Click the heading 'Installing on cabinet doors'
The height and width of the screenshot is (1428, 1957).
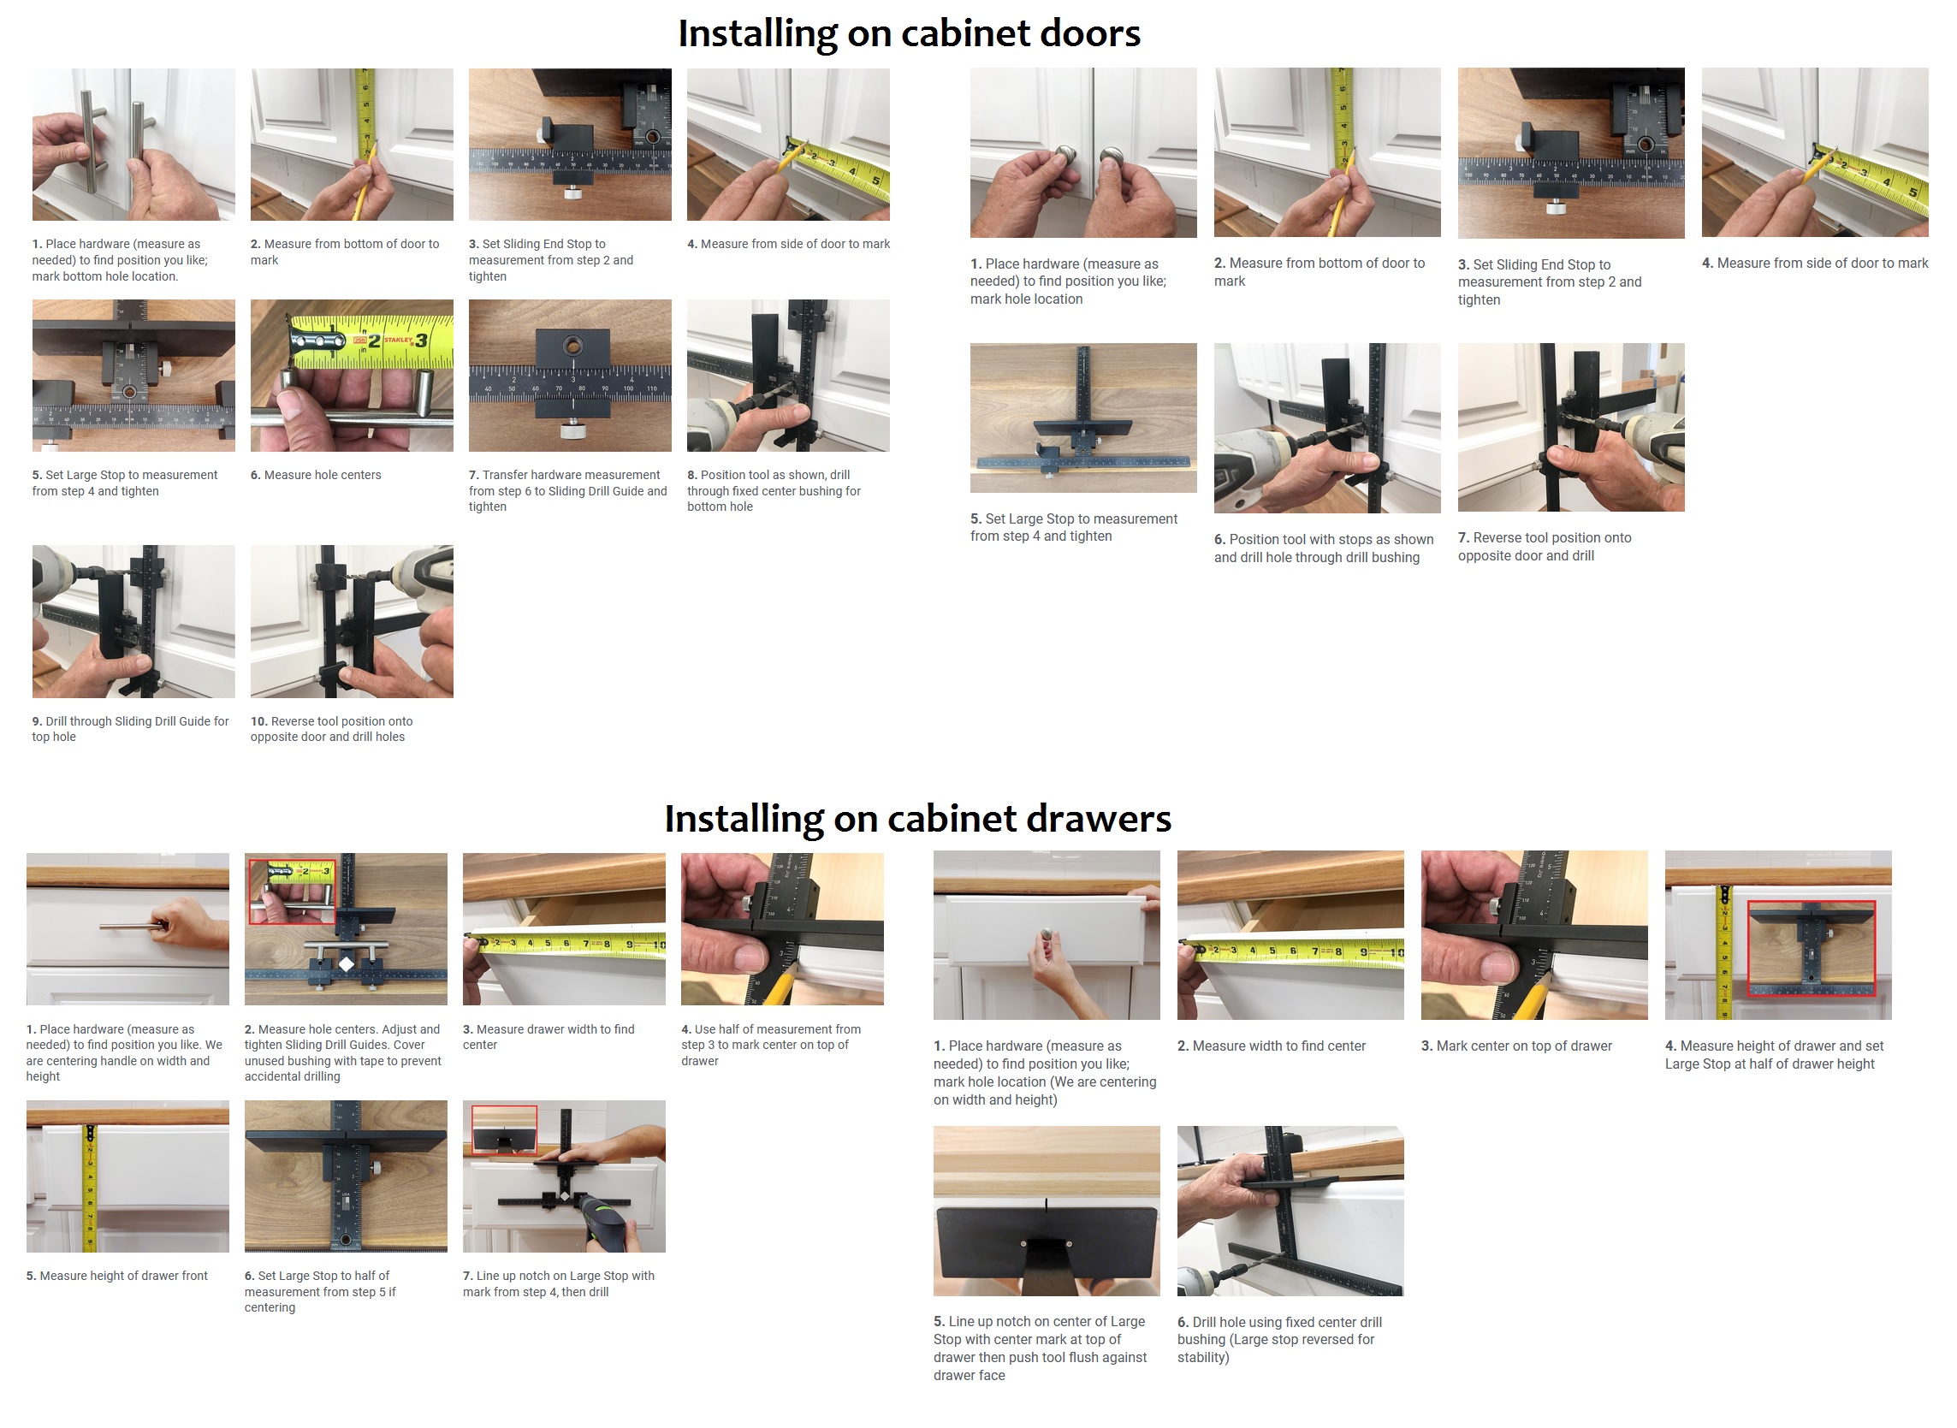909,33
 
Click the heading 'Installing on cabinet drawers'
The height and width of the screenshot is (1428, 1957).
917,819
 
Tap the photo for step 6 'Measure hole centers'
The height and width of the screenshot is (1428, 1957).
352,375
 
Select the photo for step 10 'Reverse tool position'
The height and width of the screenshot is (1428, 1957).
352,620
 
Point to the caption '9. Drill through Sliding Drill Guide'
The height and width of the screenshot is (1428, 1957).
131,729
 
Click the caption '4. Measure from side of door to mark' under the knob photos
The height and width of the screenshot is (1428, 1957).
1814,263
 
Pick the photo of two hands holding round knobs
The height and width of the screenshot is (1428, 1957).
1083,152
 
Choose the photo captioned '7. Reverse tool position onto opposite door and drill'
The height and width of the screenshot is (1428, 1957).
1570,427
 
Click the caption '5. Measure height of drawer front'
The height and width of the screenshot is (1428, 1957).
116,1276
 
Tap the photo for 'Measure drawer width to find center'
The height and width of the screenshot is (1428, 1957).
564,928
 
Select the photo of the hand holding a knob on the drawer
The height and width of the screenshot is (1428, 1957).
1046,934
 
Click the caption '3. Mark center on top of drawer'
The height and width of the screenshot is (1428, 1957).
1516,1046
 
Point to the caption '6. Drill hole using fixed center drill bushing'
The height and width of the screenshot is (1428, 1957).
1279,1339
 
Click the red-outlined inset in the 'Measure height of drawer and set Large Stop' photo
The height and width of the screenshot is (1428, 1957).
1811,948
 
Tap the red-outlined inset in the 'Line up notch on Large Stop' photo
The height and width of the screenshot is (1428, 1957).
505,1129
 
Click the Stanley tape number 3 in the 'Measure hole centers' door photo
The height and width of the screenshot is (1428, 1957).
421,341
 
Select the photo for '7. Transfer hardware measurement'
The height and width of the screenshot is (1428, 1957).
570,375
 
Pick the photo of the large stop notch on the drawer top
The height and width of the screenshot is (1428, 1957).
1046,1210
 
